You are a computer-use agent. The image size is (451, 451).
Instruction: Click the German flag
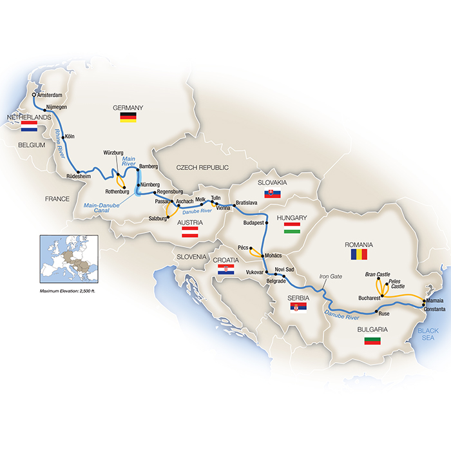click(128, 117)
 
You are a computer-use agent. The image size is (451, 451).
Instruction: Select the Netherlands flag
click(29, 127)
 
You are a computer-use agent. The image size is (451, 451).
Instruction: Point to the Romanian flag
click(359, 254)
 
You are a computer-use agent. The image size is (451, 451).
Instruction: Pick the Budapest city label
click(254, 223)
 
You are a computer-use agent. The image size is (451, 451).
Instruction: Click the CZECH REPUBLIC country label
click(203, 168)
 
